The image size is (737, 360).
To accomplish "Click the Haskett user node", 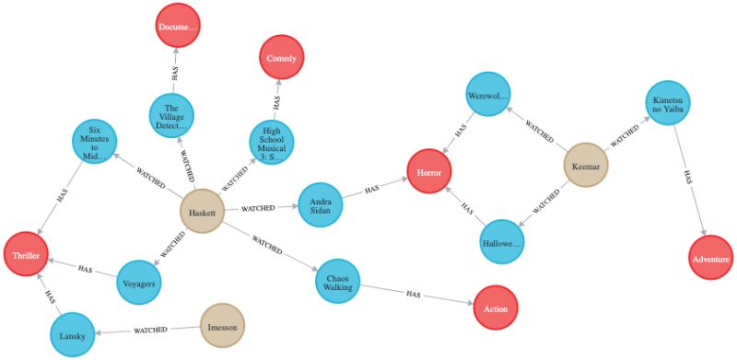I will pyautogui.click(x=202, y=211).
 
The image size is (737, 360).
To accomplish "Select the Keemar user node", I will pyautogui.click(x=587, y=165).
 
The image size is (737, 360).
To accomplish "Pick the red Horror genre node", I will pyautogui.click(x=431, y=172).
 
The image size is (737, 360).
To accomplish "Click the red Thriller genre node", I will pyautogui.click(x=26, y=255).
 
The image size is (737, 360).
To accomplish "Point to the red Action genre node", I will pyautogui.click(x=496, y=308).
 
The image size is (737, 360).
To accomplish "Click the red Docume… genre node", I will pyautogui.click(x=178, y=27).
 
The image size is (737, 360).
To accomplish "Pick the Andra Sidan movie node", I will pyautogui.click(x=321, y=204).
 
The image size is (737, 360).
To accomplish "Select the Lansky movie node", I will pyautogui.click(x=72, y=335).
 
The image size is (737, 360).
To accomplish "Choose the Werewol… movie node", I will pyautogui.click(x=487, y=96).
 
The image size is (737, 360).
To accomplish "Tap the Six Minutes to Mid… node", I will pyautogui.click(x=95, y=144).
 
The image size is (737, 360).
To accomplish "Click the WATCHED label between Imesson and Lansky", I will pyautogui.click(x=149, y=330).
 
